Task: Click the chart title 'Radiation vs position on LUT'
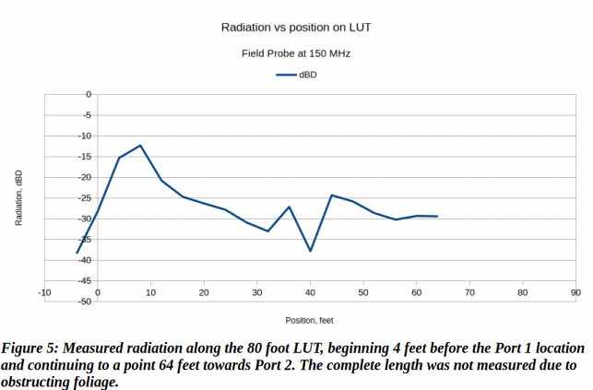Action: coord(296,29)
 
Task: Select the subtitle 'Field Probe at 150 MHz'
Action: coord(296,53)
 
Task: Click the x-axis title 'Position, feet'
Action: coord(309,320)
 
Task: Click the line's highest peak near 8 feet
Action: coord(140,146)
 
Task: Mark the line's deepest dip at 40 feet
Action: coord(311,251)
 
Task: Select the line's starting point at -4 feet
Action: coord(77,253)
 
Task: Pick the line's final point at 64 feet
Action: coord(437,217)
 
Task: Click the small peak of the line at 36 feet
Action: coord(289,207)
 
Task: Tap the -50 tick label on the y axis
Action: coord(83,301)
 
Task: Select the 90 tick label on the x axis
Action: coord(575,292)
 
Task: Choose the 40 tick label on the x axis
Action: coord(310,292)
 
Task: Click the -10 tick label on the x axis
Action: coord(44,292)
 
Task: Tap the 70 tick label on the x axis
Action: coord(469,292)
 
